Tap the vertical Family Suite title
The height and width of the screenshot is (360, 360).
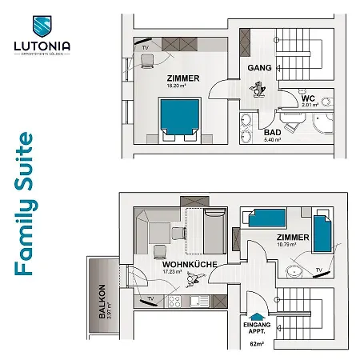(24, 204)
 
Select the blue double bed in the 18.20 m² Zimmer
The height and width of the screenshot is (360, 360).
(178, 118)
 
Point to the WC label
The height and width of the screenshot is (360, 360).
(310, 95)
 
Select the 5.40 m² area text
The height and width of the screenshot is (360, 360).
(273, 140)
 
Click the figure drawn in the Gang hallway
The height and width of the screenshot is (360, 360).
(258, 91)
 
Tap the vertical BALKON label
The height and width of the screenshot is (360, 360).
(102, 302)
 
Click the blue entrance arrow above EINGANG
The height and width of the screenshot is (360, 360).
(257, 314)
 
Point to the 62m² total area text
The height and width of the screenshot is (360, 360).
(256, 344)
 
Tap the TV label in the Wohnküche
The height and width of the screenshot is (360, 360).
(150, 301)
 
